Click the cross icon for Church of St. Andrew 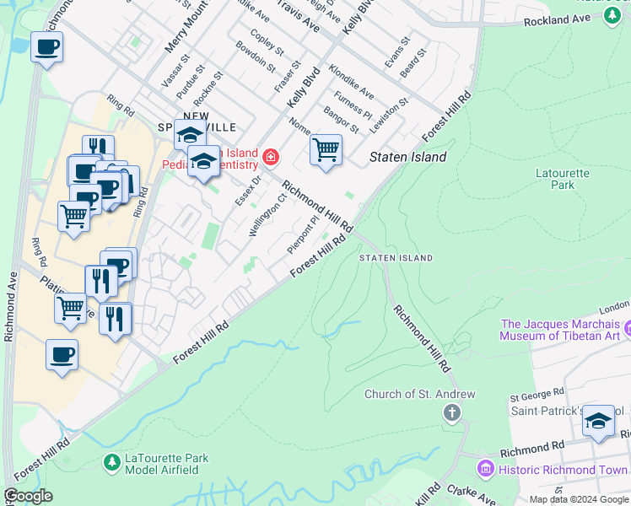pyautogui.click(x=452, y=412)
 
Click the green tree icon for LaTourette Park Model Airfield pyautogui.click(x=111, y=462)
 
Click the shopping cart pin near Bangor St pyautogui.click(x=326, y=150)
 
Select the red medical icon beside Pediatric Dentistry pyautogui.click(x=270, y=156)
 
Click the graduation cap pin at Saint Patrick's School pyautogui.click(x=599, y=422)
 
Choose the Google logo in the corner pyautogui.click(x=28, y=496)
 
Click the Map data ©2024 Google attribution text pyautogui.click(x=579, y=499)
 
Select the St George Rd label pyautogui.click(x=537, y=394)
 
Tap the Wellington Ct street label pyautogui.click(x=268, y=217)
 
